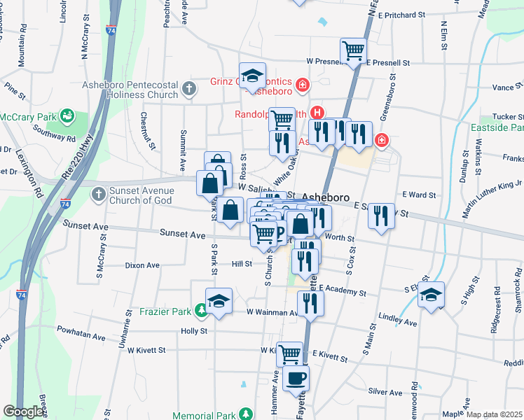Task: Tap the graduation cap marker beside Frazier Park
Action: [219, 301]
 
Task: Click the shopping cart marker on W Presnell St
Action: [353, 50]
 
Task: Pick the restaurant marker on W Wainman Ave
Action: [310, 303]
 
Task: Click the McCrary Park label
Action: [27, 116]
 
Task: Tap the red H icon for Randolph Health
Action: [317, 112]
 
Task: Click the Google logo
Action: [24, 412]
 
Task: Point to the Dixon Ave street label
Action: [142, 265]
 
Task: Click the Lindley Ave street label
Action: [397, 323]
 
